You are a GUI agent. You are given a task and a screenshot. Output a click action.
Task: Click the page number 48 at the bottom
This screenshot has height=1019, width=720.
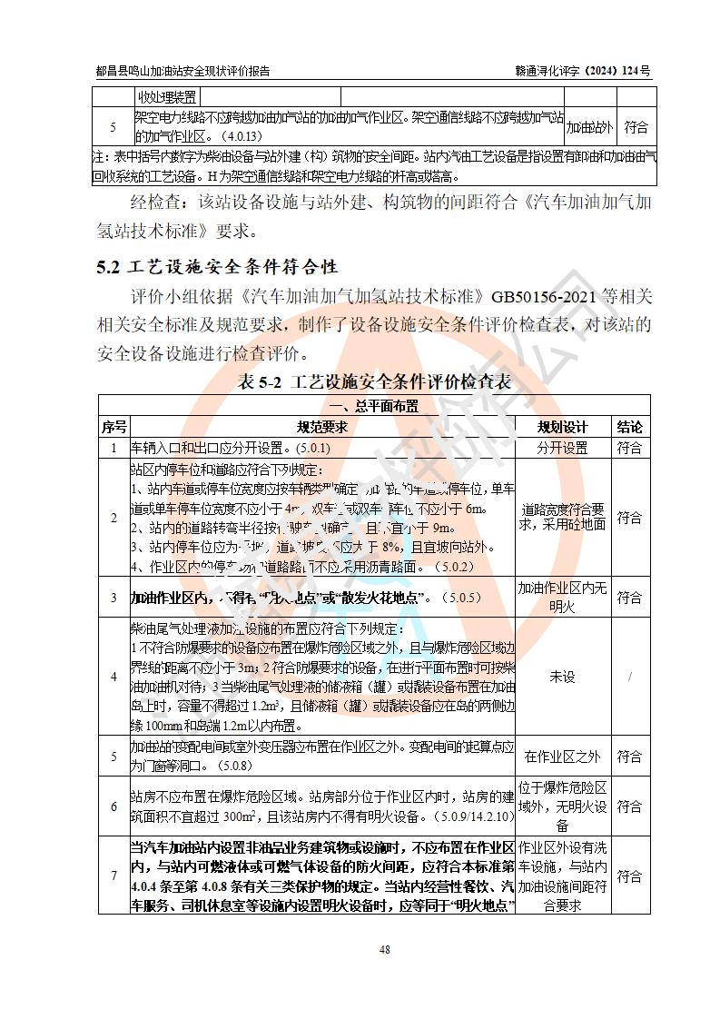click(385, 949)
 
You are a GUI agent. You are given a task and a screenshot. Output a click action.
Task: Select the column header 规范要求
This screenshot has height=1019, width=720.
click(322, 427)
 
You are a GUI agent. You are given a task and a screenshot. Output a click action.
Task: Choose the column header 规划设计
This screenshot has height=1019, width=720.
click(562, 427)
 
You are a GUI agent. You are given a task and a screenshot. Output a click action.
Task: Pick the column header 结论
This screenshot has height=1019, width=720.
click(629, 427)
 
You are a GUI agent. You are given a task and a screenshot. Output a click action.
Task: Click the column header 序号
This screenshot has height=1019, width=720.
click(113, 427)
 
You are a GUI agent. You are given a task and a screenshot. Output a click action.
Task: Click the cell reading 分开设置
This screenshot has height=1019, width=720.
click(562, 448)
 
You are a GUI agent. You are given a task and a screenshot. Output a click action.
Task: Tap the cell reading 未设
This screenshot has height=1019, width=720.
click(562, 677)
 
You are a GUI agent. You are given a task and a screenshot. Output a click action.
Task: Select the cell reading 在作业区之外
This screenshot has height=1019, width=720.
click(562, 757)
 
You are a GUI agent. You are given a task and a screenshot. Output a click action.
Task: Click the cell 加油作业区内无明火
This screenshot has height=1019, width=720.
click(562, 598)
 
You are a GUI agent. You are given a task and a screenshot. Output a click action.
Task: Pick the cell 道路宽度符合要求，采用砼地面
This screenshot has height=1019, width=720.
click(562, 517)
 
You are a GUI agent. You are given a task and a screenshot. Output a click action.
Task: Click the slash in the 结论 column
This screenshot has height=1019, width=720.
click(629, 677)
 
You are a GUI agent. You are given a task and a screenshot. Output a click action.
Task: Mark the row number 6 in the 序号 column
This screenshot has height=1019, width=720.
click(113, 806)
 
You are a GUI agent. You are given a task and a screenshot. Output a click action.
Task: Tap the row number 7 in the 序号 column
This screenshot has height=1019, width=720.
click(113, 876)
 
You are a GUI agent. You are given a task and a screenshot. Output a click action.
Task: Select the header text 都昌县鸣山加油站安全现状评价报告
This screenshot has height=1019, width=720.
click(182, 70)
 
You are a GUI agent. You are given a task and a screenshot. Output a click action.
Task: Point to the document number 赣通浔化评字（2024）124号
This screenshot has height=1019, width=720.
click(582, 70)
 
